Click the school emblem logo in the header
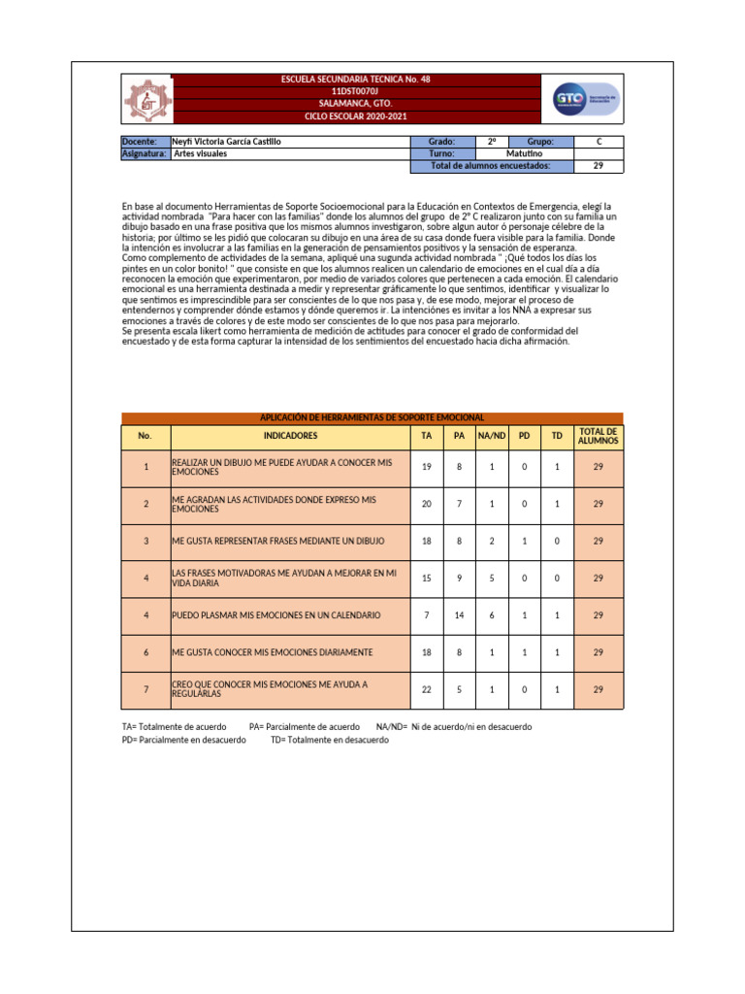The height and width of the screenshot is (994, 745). (146, 98)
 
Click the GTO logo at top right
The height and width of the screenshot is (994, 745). (587, 98)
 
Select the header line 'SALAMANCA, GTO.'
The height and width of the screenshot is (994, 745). (355, 103)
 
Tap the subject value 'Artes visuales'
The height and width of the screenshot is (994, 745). (201, 153)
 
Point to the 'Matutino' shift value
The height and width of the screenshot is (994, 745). (525, 153)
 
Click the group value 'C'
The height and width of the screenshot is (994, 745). (599, 142)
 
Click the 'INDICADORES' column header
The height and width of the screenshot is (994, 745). (290, 437)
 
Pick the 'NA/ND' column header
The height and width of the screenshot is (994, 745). (492, 437)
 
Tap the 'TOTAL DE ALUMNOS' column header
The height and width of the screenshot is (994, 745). (598, 437)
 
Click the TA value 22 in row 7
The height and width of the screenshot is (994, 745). (427, 689)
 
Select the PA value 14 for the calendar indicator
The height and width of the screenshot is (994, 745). (459, 615)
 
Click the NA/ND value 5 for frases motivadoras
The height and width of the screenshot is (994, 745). (492, 579)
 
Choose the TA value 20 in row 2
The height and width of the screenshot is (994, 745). (427, 504)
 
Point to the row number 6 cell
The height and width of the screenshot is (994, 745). (146, 652)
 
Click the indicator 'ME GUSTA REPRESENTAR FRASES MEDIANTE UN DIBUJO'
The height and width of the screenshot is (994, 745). (278, 541)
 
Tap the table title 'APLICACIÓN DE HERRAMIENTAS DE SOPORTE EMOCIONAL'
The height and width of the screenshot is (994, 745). (372, 417)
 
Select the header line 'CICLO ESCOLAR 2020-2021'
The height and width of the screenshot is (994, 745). (355, 116)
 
